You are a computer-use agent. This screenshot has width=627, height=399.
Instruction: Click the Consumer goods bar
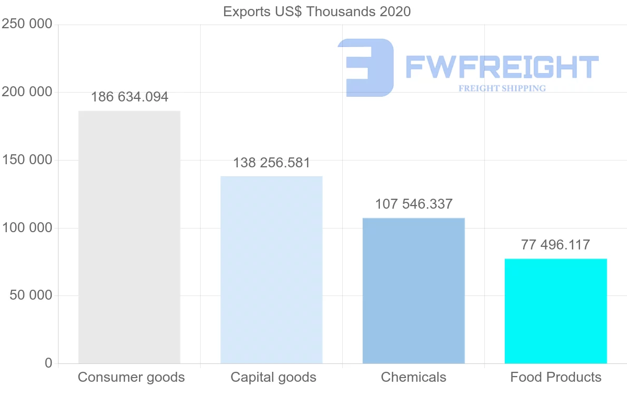[x=129, y=237]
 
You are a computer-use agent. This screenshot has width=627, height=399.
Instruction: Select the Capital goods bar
[x=271, y=270]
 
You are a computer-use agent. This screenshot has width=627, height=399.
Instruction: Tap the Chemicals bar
[x=413, y=291]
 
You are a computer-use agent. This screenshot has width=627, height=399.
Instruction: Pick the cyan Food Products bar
[x=555, y=311]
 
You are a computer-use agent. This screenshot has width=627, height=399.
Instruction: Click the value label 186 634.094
[x=130, y=97]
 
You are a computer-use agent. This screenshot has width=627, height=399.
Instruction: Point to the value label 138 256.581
[x=272, y=163]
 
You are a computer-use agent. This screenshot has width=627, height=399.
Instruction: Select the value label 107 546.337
[x=414, y=204]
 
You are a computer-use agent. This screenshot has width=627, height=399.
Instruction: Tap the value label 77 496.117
[x=555, y=245]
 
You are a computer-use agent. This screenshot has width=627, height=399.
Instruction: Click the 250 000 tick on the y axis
[x=27, y=24]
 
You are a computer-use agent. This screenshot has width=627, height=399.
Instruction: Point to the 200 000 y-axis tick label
[x=27, y=92]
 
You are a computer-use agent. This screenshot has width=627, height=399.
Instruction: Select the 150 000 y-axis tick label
[x=27, y=160]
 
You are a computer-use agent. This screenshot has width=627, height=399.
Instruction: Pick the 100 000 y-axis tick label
[x=27, y=228]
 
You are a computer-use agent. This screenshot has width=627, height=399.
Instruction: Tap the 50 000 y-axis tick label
[x=31, y=295]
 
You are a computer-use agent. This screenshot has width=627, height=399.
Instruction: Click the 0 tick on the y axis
[x=49, y=363]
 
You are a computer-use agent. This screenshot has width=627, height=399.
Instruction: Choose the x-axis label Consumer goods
[x=131, y=377]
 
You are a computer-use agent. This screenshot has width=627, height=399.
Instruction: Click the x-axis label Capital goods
[x=273, y=377]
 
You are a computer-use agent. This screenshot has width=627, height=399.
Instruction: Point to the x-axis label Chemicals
[x=413, y=377]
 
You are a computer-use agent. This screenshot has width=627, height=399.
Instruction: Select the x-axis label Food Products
[x=555, y=377]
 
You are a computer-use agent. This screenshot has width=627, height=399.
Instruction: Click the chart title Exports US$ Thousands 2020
[x=317, y=12]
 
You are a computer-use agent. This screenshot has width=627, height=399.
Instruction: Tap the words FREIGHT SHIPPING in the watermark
[x=502, y=88]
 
